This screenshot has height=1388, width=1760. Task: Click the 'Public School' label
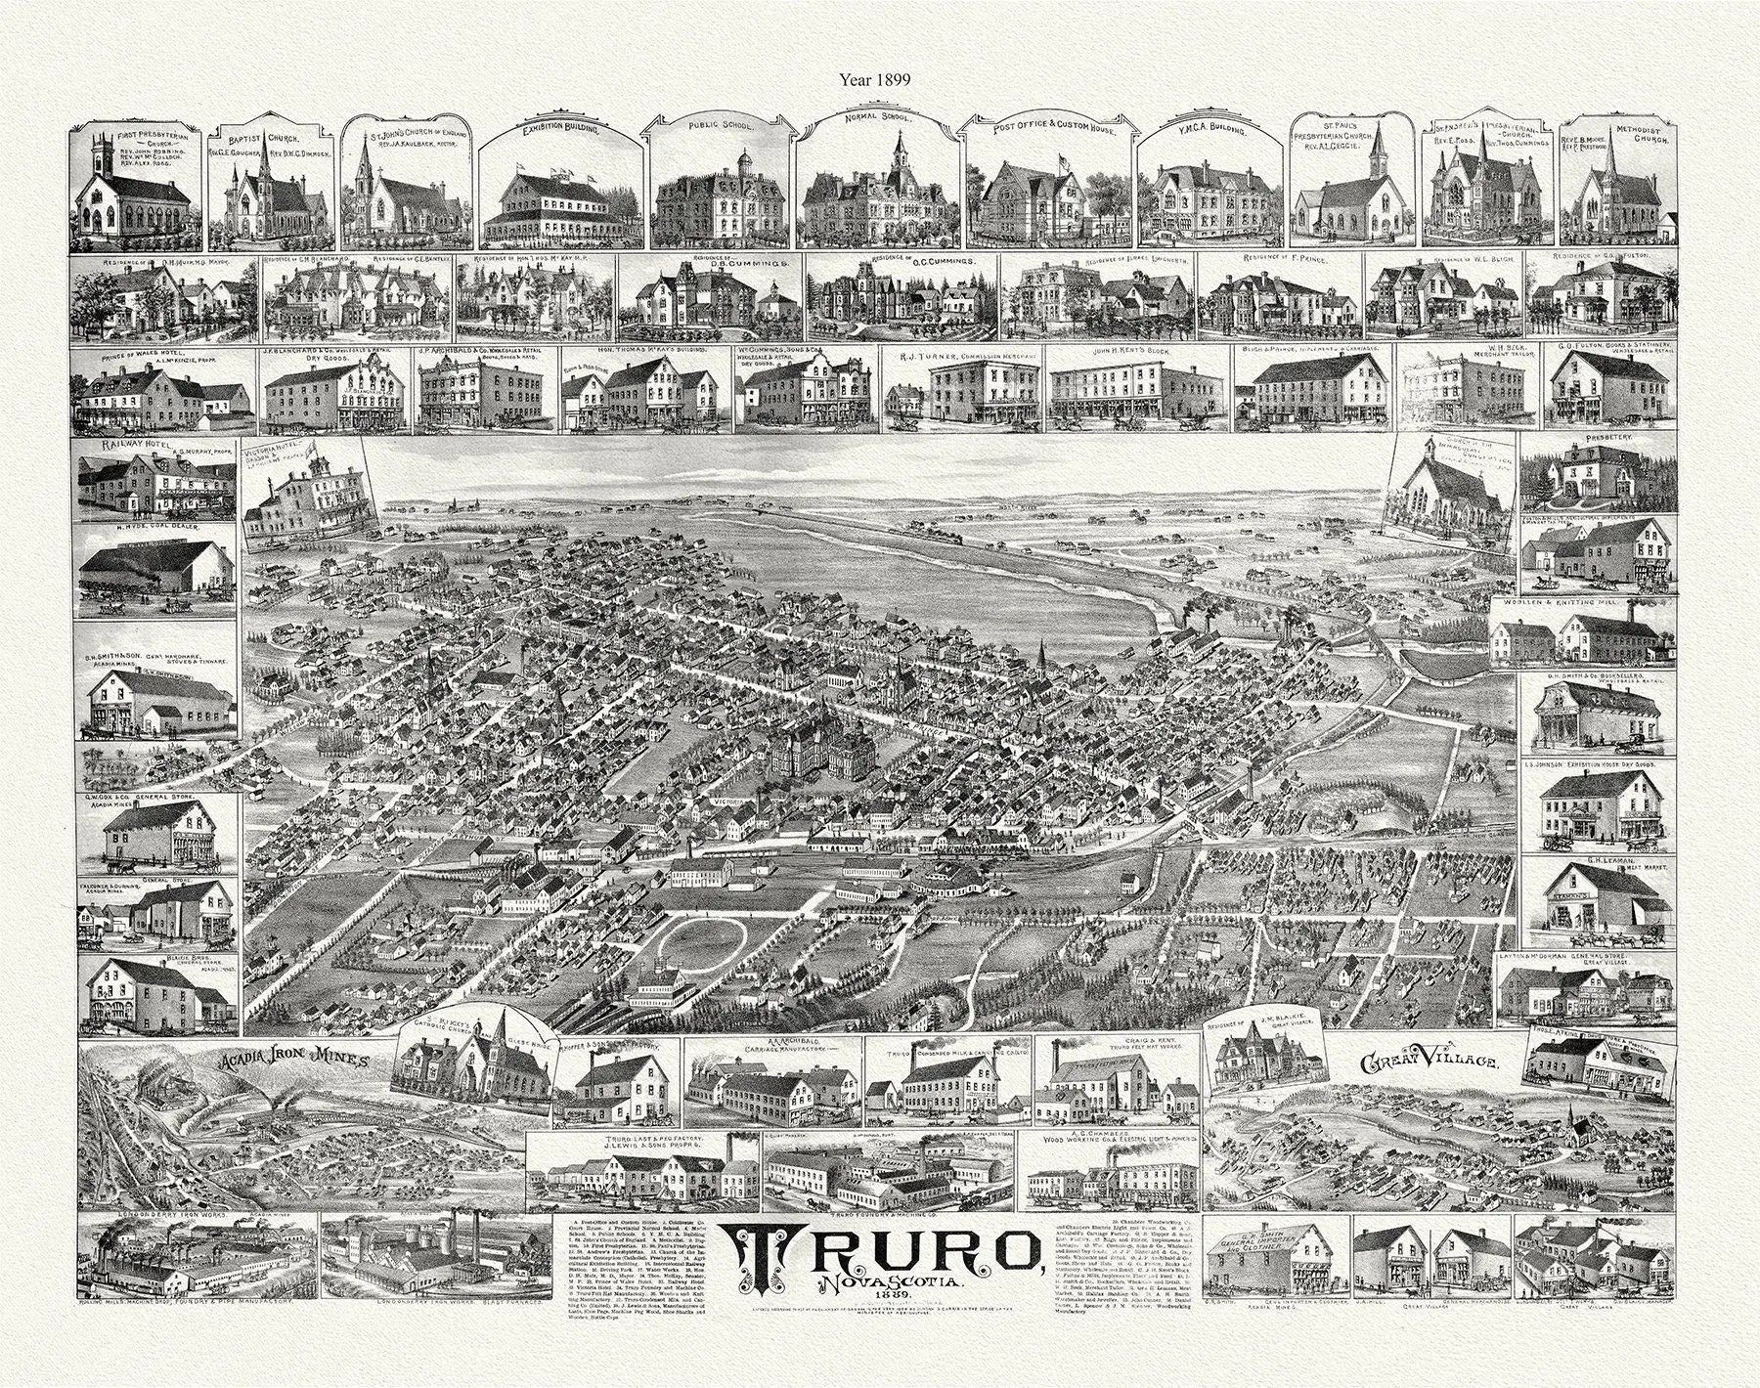tap(720, 126)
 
